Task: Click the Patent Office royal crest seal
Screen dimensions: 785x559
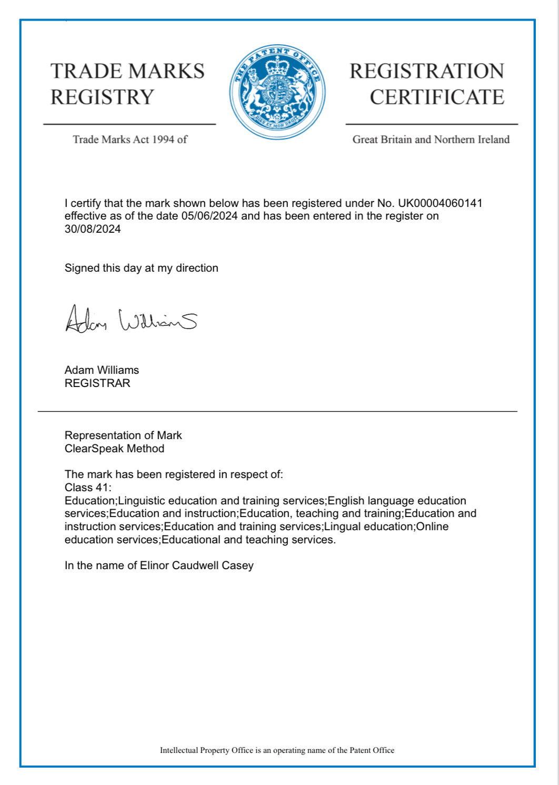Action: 277,92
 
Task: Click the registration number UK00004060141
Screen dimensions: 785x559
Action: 440,203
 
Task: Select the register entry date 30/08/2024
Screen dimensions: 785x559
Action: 93,229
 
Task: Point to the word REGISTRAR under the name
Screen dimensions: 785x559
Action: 97,383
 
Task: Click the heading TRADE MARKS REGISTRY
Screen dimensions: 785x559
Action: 127,84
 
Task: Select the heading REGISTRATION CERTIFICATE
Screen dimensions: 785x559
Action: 427,84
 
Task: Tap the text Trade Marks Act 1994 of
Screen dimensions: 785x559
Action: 130,140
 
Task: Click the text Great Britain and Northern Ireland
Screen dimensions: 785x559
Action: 431,140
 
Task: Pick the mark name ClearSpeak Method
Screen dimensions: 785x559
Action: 114,449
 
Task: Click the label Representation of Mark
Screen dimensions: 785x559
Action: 123,435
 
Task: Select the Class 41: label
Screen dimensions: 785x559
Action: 88,488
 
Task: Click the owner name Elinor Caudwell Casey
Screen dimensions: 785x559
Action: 196,565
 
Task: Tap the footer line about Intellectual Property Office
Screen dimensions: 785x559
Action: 277,750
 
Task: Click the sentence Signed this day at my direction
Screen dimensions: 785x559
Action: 141,268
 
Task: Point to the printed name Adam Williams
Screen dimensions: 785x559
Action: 102,370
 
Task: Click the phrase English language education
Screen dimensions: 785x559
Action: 397,501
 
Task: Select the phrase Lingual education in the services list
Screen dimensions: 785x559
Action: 369,526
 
